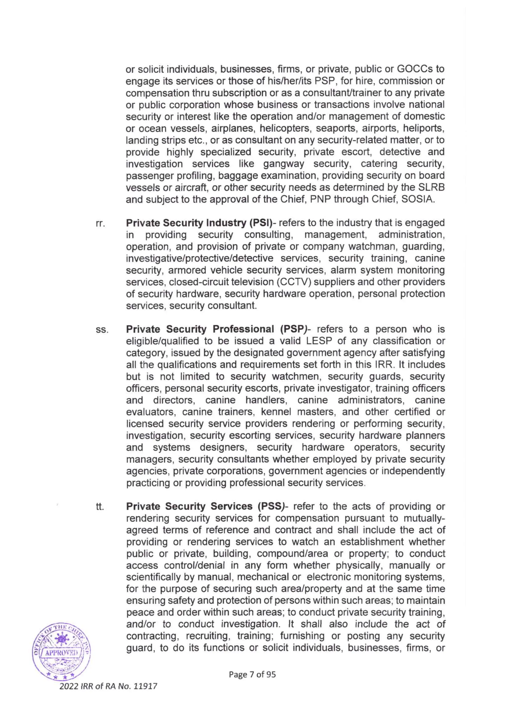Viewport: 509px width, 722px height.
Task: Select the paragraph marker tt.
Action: [x=100, y=507]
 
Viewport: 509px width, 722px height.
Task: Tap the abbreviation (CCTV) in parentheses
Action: [x=294, y=282]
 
